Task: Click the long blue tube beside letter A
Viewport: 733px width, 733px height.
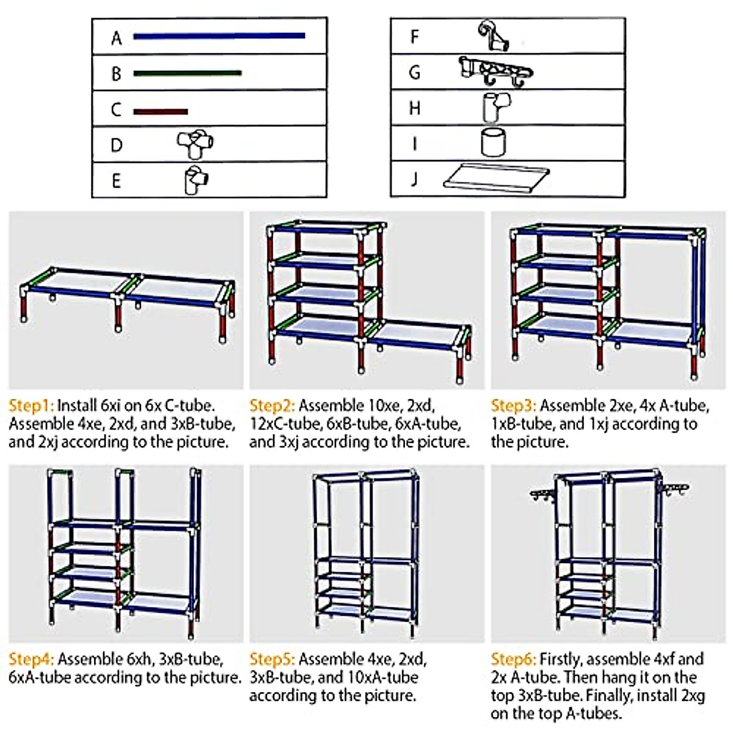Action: (x=219, y=36)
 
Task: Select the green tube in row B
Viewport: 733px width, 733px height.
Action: (x=187, y=73)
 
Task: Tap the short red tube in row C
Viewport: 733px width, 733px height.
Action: (x=160, y=111)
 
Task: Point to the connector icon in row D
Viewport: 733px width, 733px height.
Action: (x=195, y=144)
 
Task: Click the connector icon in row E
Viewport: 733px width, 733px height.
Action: (x=196, y=180)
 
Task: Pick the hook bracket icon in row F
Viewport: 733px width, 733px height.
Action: (x=493, y=37)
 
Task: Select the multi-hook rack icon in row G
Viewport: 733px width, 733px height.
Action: (x=495, y=71)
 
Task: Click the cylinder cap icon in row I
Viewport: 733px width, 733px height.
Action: (x=493, y=143)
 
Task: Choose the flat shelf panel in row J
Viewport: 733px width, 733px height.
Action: (x=496, y=179)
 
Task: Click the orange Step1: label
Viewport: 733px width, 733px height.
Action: (x=31, y=406)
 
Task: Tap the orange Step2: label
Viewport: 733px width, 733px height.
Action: (x=272, y=406)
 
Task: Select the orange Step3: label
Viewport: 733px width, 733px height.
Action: (x=514, y=406)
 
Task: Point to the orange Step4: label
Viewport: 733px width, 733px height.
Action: (x=31, y=659)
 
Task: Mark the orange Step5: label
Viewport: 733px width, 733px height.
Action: (x=272, y=659)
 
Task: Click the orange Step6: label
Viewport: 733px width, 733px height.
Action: (x=514, y=659)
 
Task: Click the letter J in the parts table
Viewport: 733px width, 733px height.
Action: (x=415, y=179)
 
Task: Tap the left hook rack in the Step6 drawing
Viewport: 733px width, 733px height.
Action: (x=543, y=494)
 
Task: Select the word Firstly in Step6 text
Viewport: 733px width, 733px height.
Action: (x=561, y=659)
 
